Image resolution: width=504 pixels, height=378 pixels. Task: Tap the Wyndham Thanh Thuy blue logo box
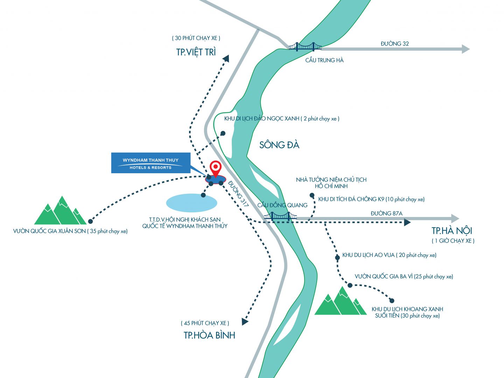point(150,163)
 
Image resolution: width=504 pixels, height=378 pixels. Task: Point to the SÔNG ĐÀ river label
point(279,145)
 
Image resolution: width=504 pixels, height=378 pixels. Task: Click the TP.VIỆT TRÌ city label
point(196,52)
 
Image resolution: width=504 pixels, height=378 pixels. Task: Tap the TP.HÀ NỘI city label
point(452,231)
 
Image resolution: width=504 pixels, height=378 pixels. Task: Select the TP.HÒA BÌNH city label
point(209,335)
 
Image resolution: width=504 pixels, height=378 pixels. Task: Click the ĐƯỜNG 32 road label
point(395,44)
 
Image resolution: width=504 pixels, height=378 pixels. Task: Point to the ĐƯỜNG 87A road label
point(386,213)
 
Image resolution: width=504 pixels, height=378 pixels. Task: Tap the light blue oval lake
point(191,203)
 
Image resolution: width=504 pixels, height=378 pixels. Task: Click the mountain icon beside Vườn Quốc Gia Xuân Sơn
point(60,211)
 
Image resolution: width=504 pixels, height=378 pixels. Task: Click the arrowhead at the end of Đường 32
point(465,49)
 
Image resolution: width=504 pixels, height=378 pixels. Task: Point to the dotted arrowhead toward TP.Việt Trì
point(226,58)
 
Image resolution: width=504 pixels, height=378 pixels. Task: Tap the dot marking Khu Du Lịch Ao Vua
point(337,258)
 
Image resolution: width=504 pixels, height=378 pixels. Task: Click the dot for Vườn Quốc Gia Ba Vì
point(350,286)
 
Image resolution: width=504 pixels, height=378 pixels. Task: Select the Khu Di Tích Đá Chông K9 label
point(371,199)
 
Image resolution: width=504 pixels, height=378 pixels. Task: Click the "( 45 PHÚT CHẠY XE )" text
point(205,323)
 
